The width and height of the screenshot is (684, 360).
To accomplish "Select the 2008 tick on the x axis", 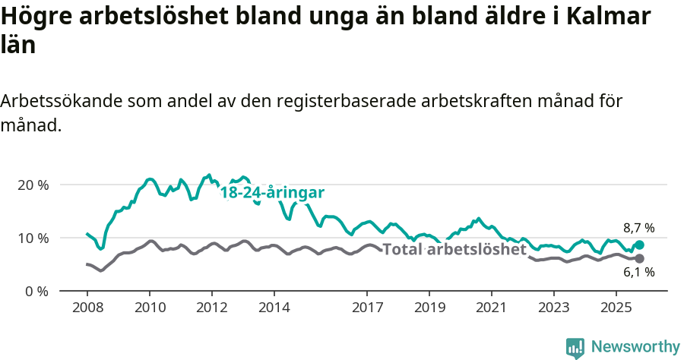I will click(87, 308).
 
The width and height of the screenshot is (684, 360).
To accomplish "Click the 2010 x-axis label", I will click(149, 308).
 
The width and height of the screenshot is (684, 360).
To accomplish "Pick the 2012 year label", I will click(211, 308).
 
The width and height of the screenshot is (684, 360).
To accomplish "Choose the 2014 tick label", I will click(274, 308).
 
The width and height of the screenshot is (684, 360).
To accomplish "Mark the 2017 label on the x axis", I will click(367, 308).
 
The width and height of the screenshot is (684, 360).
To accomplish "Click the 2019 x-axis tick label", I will click(429, 308).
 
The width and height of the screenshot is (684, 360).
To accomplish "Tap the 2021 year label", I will click(492, 308).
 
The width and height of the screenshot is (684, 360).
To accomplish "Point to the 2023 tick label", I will click(554, 308).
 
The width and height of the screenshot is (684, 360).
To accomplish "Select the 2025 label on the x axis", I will click(616, 308).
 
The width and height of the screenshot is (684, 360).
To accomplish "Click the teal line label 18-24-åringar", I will click(272, 193).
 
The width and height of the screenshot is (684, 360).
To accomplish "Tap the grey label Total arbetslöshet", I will click(454, 249).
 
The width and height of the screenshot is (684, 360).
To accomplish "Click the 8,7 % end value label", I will click(638, 228).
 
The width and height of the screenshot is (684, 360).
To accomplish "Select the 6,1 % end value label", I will click(638, 272).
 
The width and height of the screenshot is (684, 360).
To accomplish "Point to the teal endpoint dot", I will click(639, 245).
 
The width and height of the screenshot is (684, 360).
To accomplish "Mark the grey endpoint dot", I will click(639, 259).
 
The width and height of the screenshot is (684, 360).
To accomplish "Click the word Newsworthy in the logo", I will click(635, 347).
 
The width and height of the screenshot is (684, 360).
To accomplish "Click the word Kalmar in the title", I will click(601, 17).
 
